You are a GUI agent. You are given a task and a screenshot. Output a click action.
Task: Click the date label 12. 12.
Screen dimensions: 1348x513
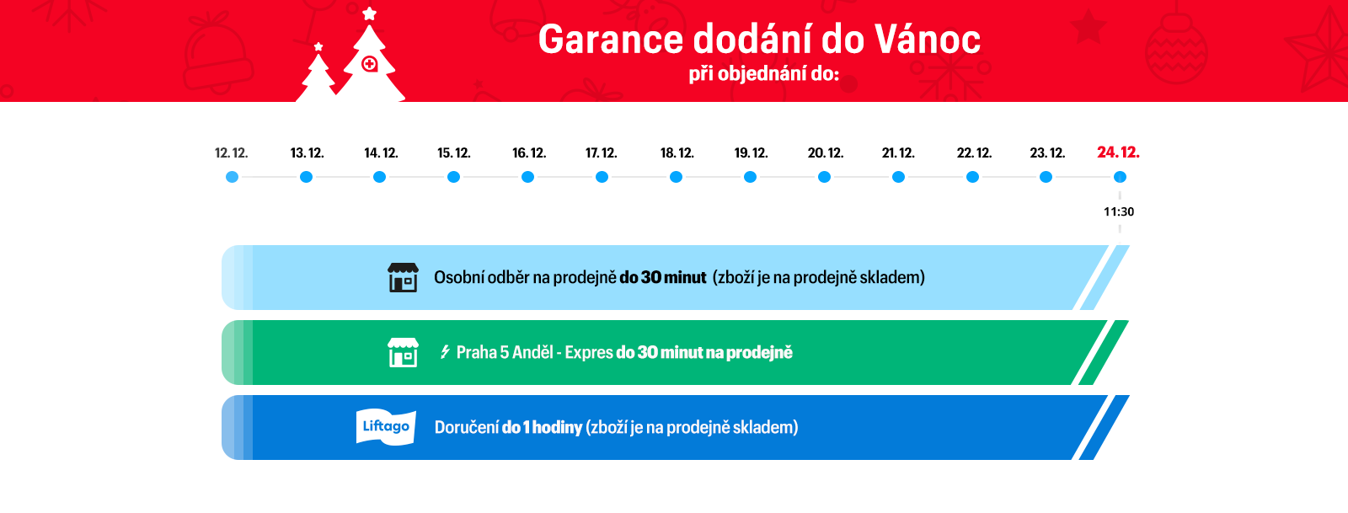pyautogui.click(x=231, y=152)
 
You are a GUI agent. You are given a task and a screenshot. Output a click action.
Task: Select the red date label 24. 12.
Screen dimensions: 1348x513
pyautogui.click(x=1118, y=152)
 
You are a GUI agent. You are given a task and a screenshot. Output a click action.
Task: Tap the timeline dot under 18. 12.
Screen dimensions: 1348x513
pyautogui.click(x=676, y=177)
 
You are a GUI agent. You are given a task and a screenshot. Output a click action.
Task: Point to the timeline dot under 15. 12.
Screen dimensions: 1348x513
pyautogui.click(x=454, y=177)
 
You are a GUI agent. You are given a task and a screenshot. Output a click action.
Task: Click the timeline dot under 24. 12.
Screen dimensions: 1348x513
pyautogui.click(x=1120, y=177)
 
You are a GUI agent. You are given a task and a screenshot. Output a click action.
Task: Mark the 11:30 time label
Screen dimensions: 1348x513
pyautogui.click(x=1119, y=211)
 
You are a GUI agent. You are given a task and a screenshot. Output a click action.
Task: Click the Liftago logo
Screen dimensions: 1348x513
pyautogui.click(x=386, y=427)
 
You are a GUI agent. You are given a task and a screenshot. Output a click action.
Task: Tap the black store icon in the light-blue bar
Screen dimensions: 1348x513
pyautogui.click(x=403, y=277)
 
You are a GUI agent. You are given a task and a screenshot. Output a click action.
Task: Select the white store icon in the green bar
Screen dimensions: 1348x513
pyautogui.click(x=403, y=352)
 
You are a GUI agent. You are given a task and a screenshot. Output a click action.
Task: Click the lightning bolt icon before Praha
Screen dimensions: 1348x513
pyautogui.click(x=445, y=352)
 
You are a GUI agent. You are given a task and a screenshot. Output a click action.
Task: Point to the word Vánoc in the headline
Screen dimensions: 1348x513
pyautogui.click(x=928, y=39)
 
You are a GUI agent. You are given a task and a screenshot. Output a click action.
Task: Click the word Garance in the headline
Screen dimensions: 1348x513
pyautogui.click(x=611, y=40)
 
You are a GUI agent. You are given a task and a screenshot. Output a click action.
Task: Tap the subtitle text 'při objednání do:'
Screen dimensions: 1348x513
pyautogui.click(x=763, y=74)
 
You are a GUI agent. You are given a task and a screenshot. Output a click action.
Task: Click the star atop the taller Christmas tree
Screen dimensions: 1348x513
pyautogui.click(x=370, y=13)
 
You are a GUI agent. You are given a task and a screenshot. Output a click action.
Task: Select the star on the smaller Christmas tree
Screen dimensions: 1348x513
pyautogui.click(x=318, y=47)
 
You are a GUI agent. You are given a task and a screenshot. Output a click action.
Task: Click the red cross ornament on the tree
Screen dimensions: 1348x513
pyautogui.click(x=370, y=63)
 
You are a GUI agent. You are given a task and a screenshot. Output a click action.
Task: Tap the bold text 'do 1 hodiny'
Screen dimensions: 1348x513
pyautogui.click(x=542, y=428)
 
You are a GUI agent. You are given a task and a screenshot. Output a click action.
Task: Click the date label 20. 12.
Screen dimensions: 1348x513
pyautogui.click(x=825, y=152)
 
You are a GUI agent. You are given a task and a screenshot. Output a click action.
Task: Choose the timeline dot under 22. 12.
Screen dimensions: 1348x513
pyautogui.click(x=972, y=177)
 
